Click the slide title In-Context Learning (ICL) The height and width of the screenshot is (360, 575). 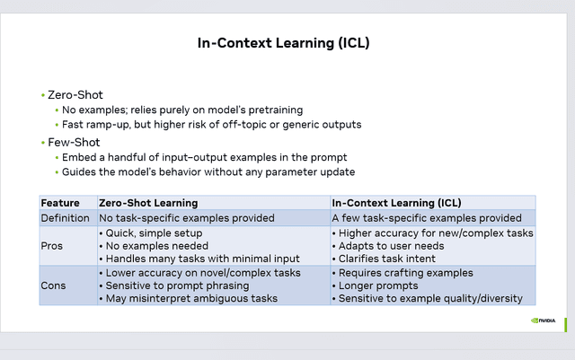[283, 42]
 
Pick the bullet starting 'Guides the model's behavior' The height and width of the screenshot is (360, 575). [208, 171]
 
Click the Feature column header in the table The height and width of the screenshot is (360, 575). [60, 203]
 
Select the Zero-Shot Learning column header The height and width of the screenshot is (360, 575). [148, 203]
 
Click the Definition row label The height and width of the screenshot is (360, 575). [66, 217]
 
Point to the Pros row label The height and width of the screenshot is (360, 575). [53, 245]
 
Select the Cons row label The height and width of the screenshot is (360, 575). [55, 285]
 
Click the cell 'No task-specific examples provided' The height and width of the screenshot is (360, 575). [188, 217]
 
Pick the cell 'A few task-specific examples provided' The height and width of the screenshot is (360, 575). [427, 217]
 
